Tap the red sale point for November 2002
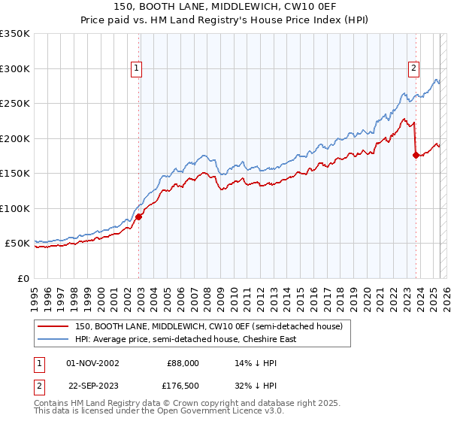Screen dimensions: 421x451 click(x=139, y=217)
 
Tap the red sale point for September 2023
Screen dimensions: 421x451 click(x=416, y=156)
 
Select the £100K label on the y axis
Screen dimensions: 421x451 click(x=16, y=208)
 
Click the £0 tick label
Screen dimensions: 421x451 click(x=23, y=278)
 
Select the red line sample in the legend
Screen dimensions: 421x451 click(x=53, y=326)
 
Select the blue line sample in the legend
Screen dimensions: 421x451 click(x=53, y=339)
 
